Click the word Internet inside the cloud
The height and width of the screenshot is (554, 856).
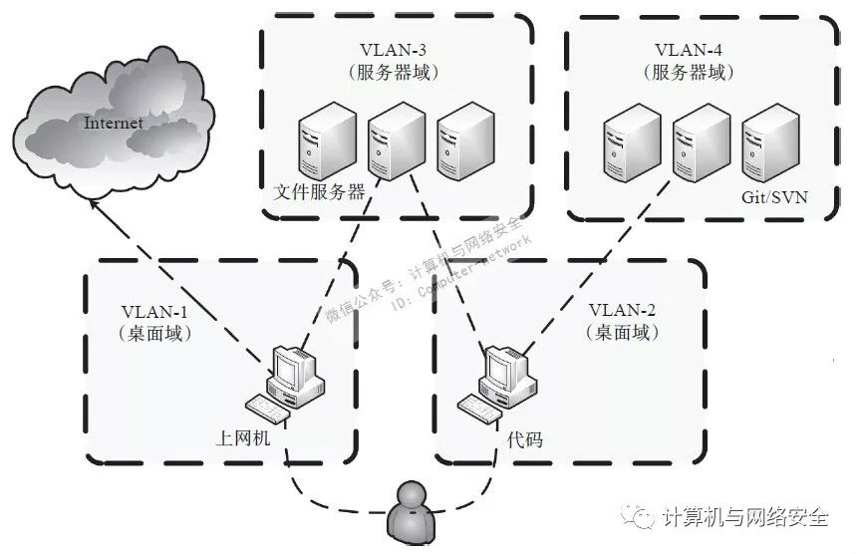tap(114, 124)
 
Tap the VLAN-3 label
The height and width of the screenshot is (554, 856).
tap(395, 50)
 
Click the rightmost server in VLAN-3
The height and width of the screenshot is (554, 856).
tap(465, 141)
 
